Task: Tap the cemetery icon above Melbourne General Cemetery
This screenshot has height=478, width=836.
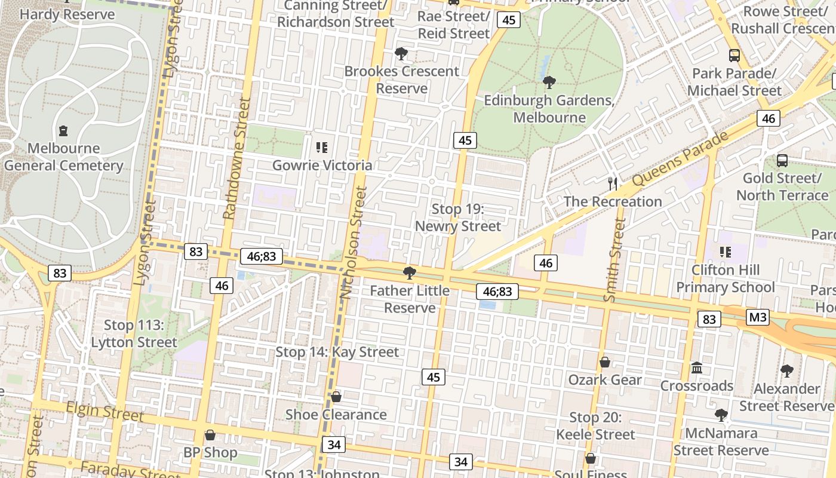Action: [x=63, y=130]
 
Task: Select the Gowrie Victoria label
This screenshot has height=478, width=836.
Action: [x=322, y=166]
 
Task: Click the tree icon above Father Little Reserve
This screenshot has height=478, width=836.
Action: [x=409, y=273]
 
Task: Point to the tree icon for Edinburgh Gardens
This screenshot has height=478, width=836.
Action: [x=549, y=82]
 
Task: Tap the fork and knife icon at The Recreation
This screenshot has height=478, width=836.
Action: [x=612, y=183]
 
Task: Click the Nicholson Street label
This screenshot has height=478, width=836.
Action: [x=354, y=242]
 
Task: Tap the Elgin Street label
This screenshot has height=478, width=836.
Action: [x=105, y=411]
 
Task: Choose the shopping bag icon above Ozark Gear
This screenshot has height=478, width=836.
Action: [x=604, y=362]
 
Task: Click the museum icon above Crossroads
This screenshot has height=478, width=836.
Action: [x=696, y=367]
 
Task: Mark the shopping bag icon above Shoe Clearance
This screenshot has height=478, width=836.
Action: [x=336, y=397]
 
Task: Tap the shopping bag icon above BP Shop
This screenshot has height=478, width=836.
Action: [x=210, y=435]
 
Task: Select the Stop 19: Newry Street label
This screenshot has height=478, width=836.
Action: [x=457, y=217]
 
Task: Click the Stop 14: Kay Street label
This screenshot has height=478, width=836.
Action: [x=337, y=352]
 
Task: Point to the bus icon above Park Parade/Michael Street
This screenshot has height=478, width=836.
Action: [x=734, y=56]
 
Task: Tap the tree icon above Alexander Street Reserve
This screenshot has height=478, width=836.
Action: [x=786, y=370]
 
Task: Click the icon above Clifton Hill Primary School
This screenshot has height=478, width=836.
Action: [x=725, y=252]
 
